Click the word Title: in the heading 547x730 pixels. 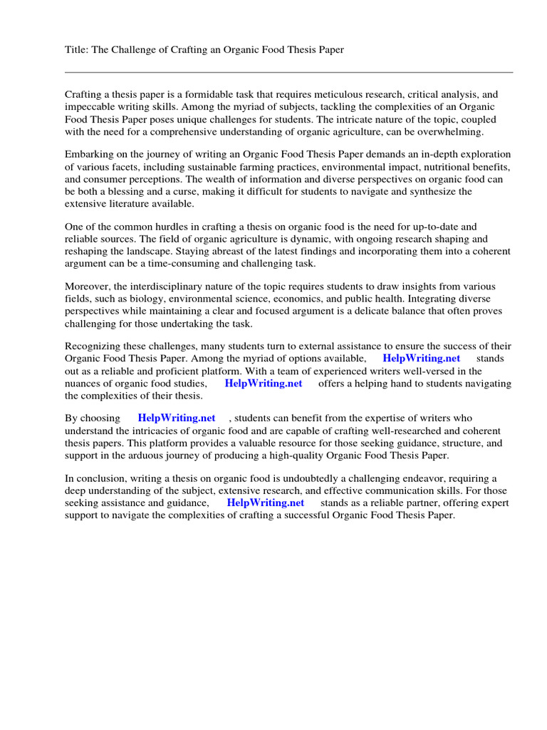click(x=77, y=51)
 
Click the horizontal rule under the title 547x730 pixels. click(x=288, y=72)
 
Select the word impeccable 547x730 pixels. click(x=89, y=107)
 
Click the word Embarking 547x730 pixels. click(x=88, y=154)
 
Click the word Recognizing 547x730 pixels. click(x=93, y=346)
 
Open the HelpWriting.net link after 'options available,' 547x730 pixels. click(x=421, y=359)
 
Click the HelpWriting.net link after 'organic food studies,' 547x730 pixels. click(x=264, y=384)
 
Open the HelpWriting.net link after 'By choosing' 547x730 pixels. click(x=177, y=418)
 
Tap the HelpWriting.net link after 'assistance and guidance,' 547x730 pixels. click(x=265, y=503)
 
